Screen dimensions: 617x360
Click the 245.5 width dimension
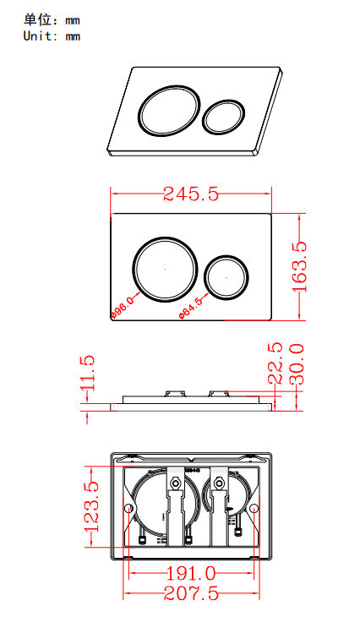(x=191, y=194)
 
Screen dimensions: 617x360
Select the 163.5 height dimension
(x=298, y=266)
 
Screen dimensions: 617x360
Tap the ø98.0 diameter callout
(x=123, y=308)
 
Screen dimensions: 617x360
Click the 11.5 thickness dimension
(x=88, y=374)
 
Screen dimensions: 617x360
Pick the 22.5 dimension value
(x=275, y=363)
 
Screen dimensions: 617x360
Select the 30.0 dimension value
(x=296, y=363)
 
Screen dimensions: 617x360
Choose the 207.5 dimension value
(x=191, y=594)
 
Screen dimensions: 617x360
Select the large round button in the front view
(x=165, y=268)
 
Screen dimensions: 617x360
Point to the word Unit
(x=39, y=36)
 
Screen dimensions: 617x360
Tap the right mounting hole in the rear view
(x=254, y=509)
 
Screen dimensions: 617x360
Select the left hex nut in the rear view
(x=174, y=484)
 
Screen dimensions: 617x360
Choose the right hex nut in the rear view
(x=219, y=484)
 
